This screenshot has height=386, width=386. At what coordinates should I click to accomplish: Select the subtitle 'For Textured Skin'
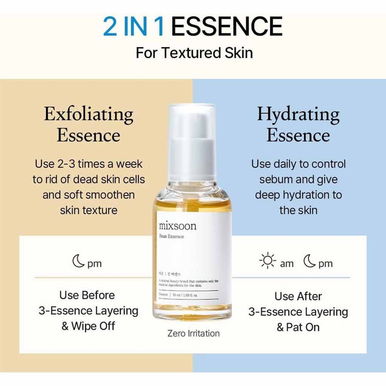tap(194, 52)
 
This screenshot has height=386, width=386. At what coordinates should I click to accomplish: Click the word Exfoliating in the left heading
tap(89, 114)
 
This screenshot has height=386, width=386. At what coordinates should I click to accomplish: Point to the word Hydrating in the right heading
tap(298, 114)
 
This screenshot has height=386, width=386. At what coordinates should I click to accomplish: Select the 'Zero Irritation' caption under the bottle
tap(193, 333)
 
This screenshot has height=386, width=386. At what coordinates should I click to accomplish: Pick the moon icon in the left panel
tap(79, 263)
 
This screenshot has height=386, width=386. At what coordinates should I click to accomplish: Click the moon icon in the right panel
tap(310, 262)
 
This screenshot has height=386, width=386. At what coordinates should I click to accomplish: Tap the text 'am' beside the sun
tap(287, 264)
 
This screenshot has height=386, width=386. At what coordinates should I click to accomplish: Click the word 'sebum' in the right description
tap(276, 179)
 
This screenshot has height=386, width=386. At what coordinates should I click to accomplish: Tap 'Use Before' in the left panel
tap(87, 295)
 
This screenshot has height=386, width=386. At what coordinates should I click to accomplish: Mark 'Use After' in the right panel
tap(298, 296)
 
